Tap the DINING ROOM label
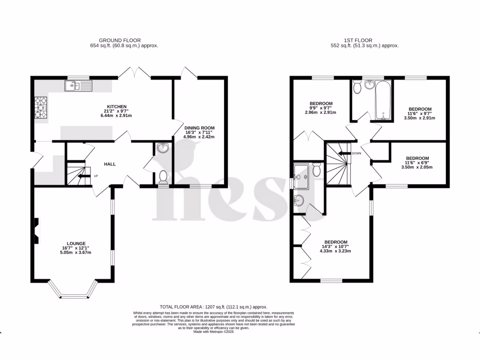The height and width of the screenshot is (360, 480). pyautogui.click(x=199, y=127)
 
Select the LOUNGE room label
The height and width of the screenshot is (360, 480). pyautogui.click(x=76, y=243)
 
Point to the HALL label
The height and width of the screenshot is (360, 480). pyautogui.click(x=110, y=164)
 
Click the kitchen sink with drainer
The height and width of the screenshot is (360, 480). pyautogui.click(x=79, y=85)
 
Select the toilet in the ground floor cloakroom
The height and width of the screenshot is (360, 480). pyautogui.click(x=164, y=177)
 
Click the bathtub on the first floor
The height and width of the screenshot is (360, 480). pyautogui.click(x=383, y=100)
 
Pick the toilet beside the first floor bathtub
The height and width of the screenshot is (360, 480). pyautogui.click(x=358, y=87)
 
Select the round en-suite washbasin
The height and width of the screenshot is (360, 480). pyautogui.click(x=299, y=201)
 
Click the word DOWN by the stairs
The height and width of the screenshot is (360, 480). pyautogui.click(x=356, y=153)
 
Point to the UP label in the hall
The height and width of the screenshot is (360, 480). pyautogui.click(x=96, y=176)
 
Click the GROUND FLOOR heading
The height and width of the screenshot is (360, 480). pyautogui.click(x=120, y=40)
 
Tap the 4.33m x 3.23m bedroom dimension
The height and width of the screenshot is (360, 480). pyautogui.click(x=335, y=251)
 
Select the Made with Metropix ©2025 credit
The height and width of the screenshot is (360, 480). pyautogui.click(x=213, y=332)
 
